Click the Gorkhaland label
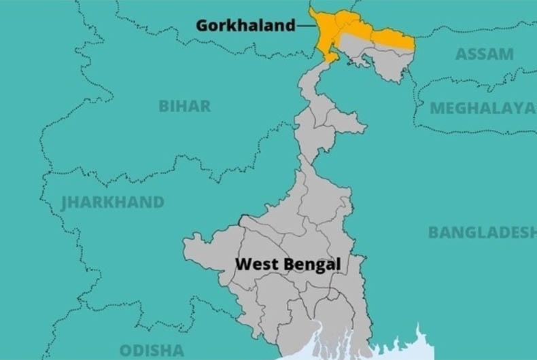245,26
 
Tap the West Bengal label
288,264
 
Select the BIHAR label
184,106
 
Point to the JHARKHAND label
113,202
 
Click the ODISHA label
152,350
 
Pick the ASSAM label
484,54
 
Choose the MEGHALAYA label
482,108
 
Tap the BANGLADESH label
482,232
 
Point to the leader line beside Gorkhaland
306,26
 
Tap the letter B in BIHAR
164,106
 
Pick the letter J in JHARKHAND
65,202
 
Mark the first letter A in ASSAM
461,54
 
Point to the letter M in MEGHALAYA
436,108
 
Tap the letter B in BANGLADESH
433,232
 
